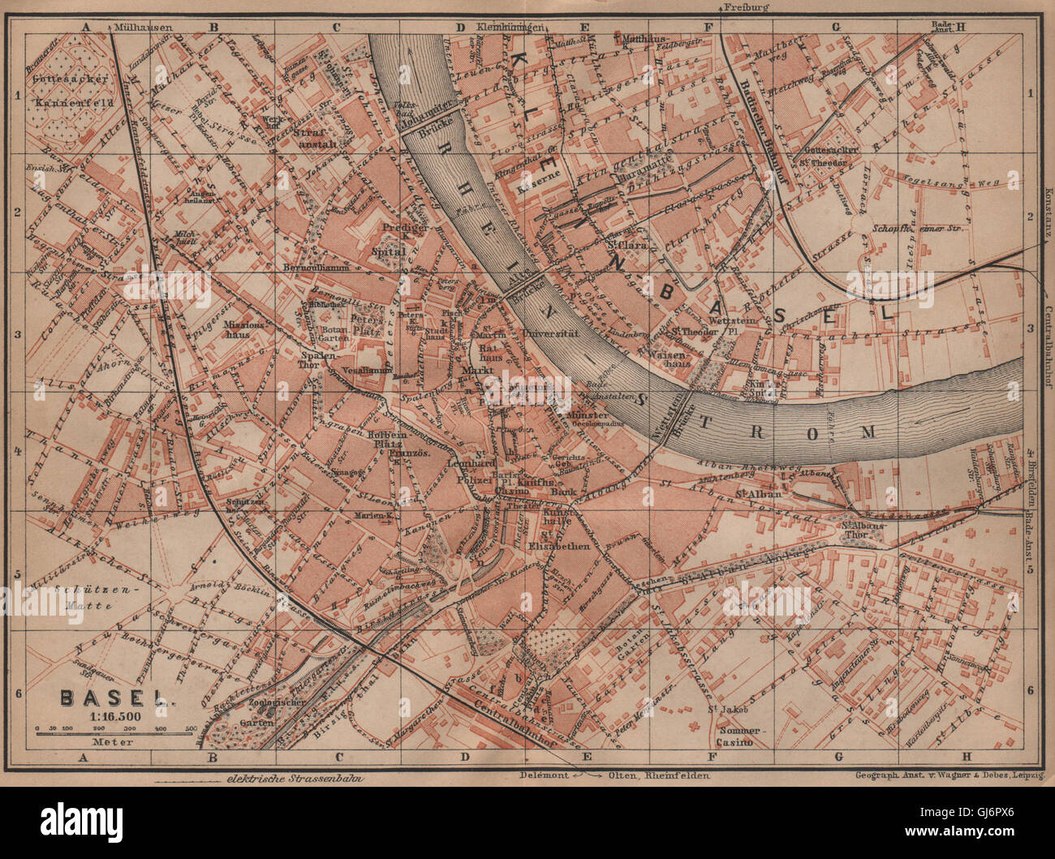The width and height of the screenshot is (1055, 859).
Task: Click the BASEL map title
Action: point(114,697)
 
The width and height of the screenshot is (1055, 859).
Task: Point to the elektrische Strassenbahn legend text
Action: point(293,777)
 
